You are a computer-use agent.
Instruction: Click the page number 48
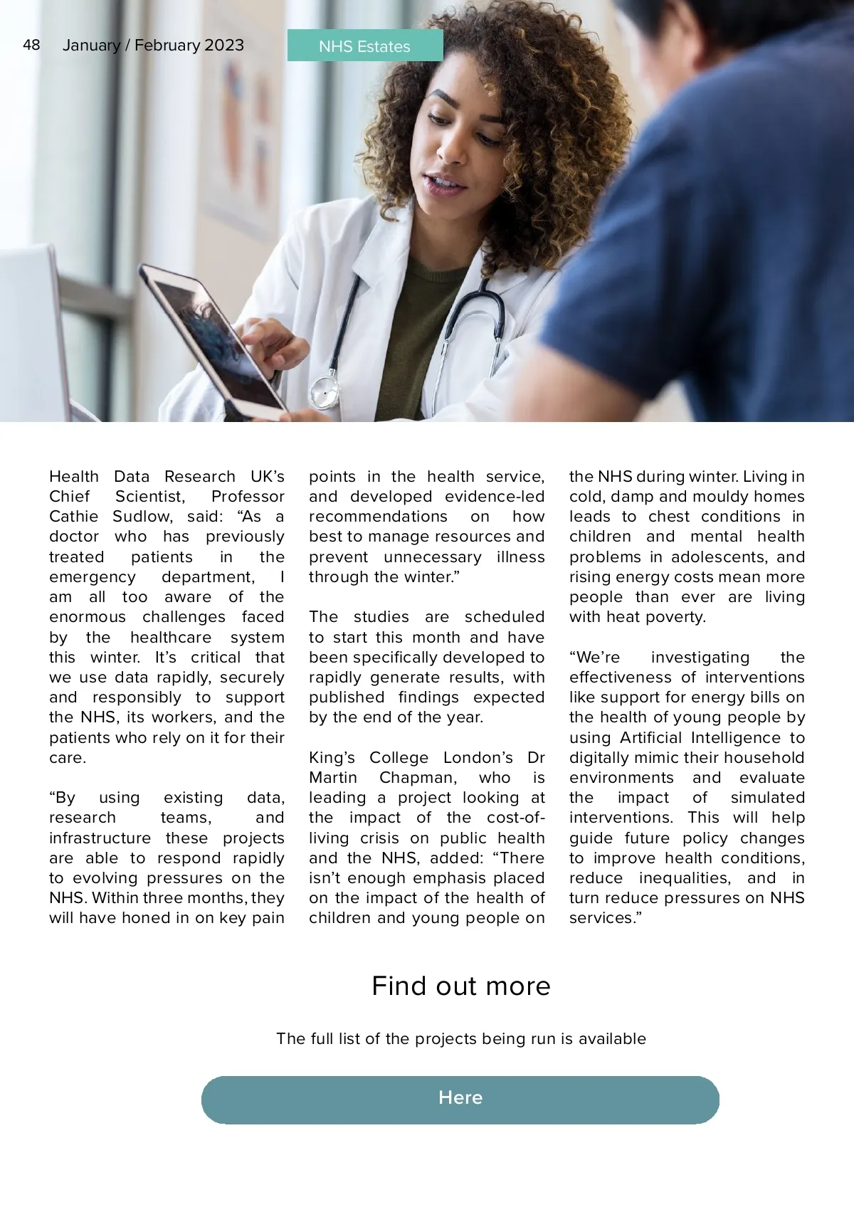[31, 46]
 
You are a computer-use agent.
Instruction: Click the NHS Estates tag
[364, 46]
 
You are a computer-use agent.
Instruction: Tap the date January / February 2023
[153, 46]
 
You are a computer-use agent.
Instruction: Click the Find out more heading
[460, 986]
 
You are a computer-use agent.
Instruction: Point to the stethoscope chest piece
[324, 391]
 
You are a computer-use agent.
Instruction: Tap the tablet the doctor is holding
[213, 342]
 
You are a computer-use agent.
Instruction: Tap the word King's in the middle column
[332, 757]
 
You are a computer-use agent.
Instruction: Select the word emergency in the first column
[92, 576]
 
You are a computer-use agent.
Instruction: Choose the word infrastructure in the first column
[100, 838]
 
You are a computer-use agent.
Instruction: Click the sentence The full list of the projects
[460, 1038]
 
